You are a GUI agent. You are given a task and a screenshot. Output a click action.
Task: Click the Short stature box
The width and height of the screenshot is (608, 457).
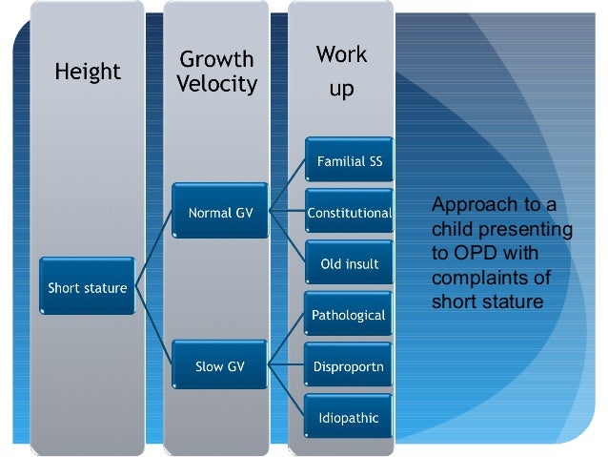point(88,287)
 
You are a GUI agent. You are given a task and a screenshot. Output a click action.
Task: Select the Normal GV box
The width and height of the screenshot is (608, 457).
point(220,213)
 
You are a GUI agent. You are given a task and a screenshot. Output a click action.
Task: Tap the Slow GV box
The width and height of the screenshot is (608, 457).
point(220,365)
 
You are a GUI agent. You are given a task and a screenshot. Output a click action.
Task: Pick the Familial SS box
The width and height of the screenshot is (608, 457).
point(350,161)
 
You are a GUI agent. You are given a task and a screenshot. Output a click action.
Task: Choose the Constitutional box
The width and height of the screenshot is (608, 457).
point(350,213)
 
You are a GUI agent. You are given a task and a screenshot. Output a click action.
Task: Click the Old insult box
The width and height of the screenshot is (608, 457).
point(350,263)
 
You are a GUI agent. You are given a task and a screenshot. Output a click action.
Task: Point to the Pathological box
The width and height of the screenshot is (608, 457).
point(350,315)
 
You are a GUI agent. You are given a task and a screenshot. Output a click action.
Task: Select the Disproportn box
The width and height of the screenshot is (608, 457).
point(350,365)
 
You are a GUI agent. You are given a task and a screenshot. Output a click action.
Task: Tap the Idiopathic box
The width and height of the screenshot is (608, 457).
point(350,417)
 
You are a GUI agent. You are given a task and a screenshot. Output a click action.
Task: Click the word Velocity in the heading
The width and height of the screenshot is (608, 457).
point(217,84)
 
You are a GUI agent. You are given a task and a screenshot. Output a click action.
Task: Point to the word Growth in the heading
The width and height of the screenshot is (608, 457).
point(217,59)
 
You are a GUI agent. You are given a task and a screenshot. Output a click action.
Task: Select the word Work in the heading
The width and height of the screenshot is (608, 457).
point(341,54)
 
